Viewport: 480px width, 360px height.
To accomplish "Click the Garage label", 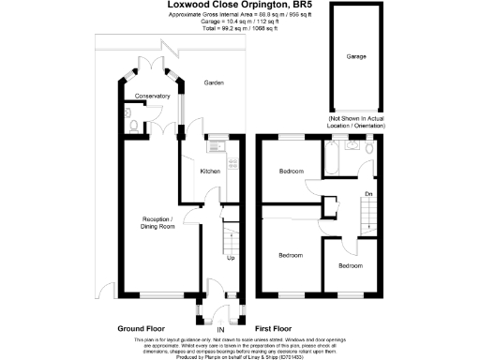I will (x=356, y=57).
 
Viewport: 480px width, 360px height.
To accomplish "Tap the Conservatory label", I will (x=151, y=97).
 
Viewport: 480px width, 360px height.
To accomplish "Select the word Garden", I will (x=216, y=83).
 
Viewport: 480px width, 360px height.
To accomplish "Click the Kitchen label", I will (x=210, y=171).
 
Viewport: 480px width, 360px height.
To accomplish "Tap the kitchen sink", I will (x=213, y=143).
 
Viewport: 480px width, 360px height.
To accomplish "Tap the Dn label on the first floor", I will (x=368, y=195).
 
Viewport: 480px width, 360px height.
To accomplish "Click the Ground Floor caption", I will (x=141, y=329).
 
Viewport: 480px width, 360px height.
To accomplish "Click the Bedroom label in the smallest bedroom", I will (x=351, y=266).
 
